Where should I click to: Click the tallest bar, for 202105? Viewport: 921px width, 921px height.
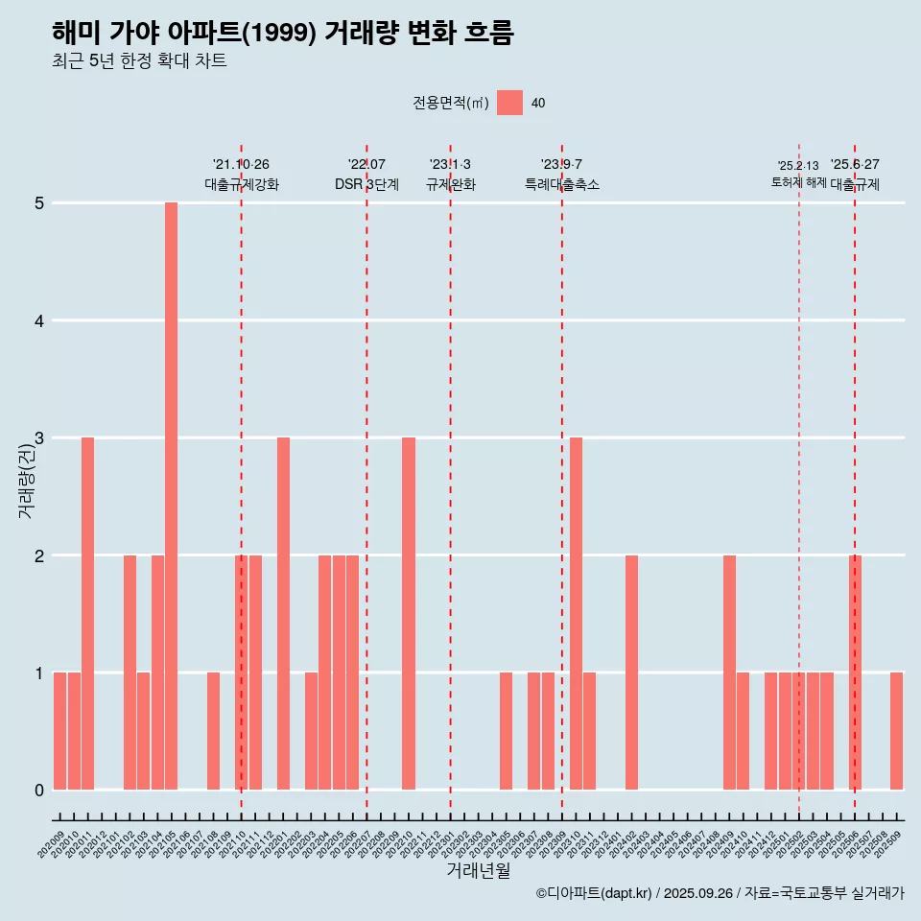point(171,496)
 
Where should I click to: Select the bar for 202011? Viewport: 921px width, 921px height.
point(87,614)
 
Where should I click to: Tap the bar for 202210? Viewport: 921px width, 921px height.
point(409,614)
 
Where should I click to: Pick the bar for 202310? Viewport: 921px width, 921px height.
point(576,614)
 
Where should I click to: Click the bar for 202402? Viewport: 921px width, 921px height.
point(631,673)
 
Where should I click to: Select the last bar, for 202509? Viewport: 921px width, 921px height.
point(896,731)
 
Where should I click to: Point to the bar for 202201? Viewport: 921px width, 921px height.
point(283,614)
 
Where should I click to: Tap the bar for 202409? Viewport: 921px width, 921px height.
point(729,673)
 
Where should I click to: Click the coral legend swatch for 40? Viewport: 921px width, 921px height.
point(509,103)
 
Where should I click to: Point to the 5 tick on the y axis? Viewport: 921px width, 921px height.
point(39,203)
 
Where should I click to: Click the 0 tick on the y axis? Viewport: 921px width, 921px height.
point(39,791)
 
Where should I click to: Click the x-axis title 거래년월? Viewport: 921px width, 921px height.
point(478,871)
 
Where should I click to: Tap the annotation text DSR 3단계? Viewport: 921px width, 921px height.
point(366,184)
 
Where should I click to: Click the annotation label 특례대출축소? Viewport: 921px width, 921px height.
point(561,184)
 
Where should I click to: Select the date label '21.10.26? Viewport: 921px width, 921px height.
point(241,165)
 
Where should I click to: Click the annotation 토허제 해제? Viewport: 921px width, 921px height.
point(798,182)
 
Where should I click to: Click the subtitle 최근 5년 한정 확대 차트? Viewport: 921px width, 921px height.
point(139,61)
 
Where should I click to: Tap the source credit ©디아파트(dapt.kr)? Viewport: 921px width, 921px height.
point(594,893)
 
